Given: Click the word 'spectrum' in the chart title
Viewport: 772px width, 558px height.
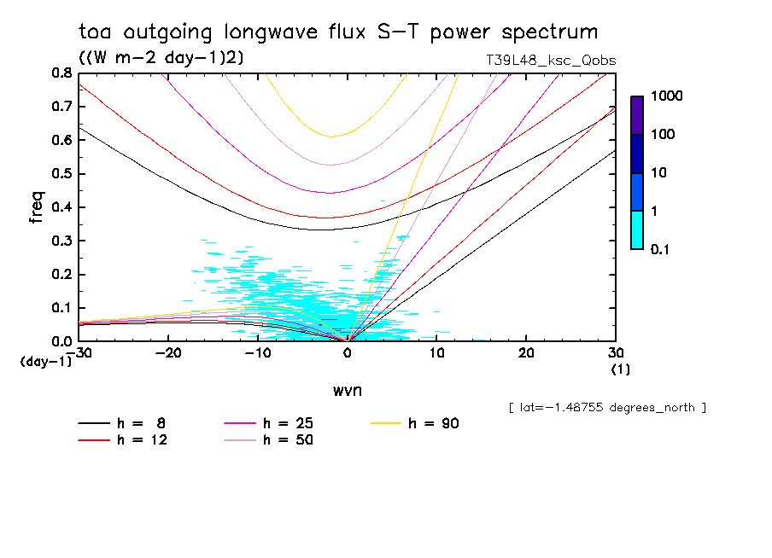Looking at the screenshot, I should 550,32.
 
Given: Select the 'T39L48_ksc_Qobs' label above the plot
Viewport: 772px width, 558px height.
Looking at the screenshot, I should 549,61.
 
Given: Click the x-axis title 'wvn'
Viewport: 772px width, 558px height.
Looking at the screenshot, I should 347,390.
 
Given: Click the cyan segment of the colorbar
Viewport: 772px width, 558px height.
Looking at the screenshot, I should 637,230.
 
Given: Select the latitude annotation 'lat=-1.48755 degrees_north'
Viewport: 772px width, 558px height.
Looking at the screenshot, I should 607,408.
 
